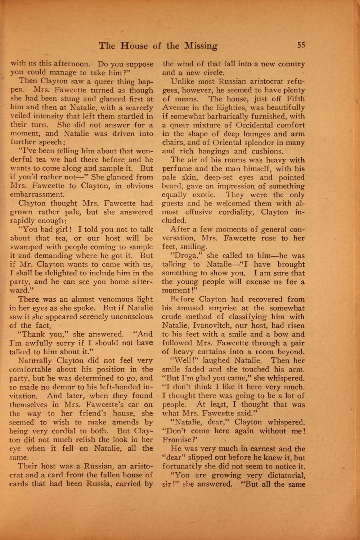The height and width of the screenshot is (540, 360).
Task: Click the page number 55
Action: pos(301,45)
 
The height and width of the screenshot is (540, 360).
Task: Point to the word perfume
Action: pos(176,168)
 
